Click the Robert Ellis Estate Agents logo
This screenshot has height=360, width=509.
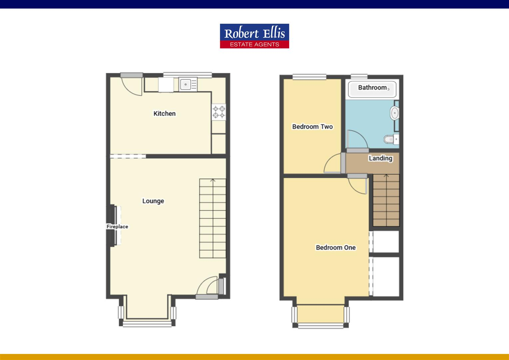(x=254, y=36)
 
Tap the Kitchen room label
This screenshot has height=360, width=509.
(x=164, y=113)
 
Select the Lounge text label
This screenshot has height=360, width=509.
(x=153, y=201)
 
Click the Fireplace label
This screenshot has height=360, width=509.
(x=117, y=227)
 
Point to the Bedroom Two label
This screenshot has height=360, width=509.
(x=312, y=127)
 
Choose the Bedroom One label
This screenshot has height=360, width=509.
(x=335, y=248)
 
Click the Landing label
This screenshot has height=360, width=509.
(x=380, y=158)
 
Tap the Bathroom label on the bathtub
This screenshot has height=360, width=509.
(x=372, y=88)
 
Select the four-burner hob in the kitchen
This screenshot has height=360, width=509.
(x=219, y=112)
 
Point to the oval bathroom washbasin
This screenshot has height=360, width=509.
(x=394, y=113)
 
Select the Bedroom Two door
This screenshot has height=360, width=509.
(x=333, y=165)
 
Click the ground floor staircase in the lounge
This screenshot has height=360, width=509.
(x=213, y=218)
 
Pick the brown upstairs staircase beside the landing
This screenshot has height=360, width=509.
(x=386, y=200)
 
